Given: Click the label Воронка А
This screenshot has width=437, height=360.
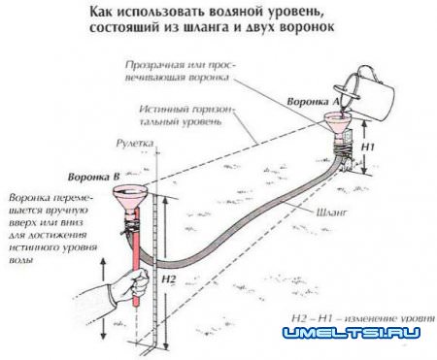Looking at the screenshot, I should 310,102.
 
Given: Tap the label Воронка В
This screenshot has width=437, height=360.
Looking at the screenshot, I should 88,178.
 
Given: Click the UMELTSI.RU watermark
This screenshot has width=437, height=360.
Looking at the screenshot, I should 352,334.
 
